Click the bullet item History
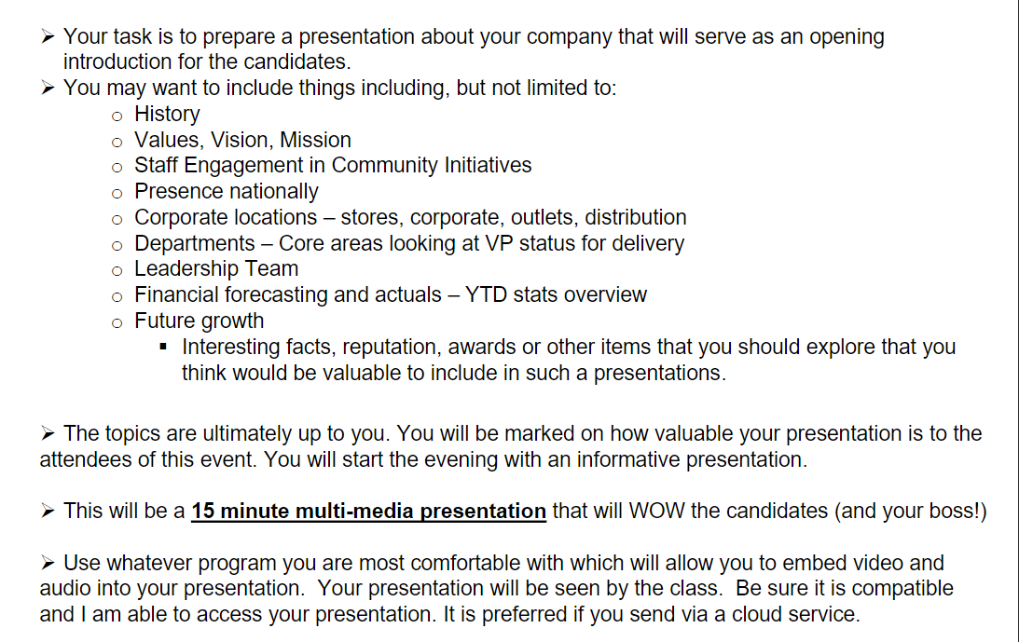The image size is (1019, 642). click(167, 114)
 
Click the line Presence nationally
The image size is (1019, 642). click(227, 191)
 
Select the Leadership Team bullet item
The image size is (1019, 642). click(216, 268)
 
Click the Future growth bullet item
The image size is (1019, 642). click(199, 321)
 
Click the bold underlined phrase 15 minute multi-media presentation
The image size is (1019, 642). click(368, 511)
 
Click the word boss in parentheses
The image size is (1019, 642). click(949, 511)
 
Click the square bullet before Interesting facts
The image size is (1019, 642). click(163, 348)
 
